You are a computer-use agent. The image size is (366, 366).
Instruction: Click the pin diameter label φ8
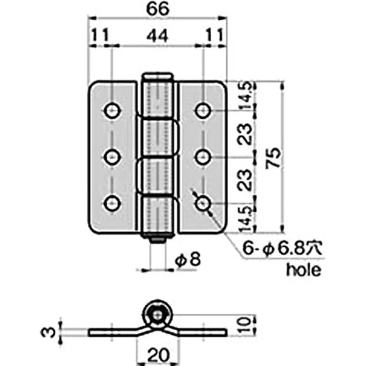tap(188, 260)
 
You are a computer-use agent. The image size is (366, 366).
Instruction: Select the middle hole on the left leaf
tap(112, 157)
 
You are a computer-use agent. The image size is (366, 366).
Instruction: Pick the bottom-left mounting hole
tap(112, 203)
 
